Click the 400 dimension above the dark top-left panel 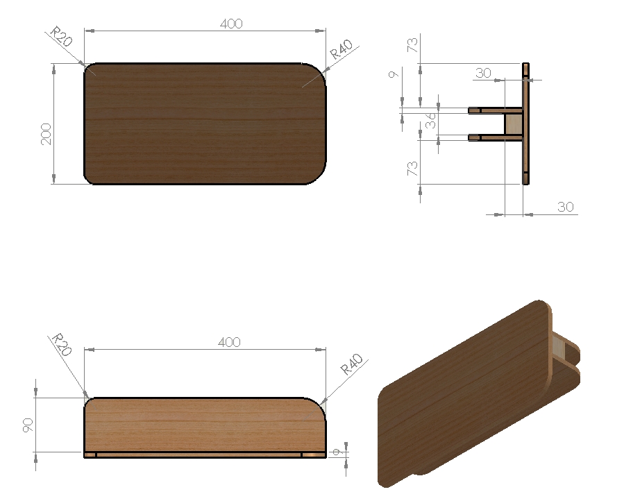(231, 24)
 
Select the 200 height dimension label (47, 134)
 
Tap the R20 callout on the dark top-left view (62, 37)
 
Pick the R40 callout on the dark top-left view (341, 49)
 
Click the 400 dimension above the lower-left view (229, 342)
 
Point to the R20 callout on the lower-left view (62, 344)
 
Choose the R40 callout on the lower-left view (352, 364)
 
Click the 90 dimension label (28, 425)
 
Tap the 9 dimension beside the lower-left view (337, 452)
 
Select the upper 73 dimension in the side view (412, 45)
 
